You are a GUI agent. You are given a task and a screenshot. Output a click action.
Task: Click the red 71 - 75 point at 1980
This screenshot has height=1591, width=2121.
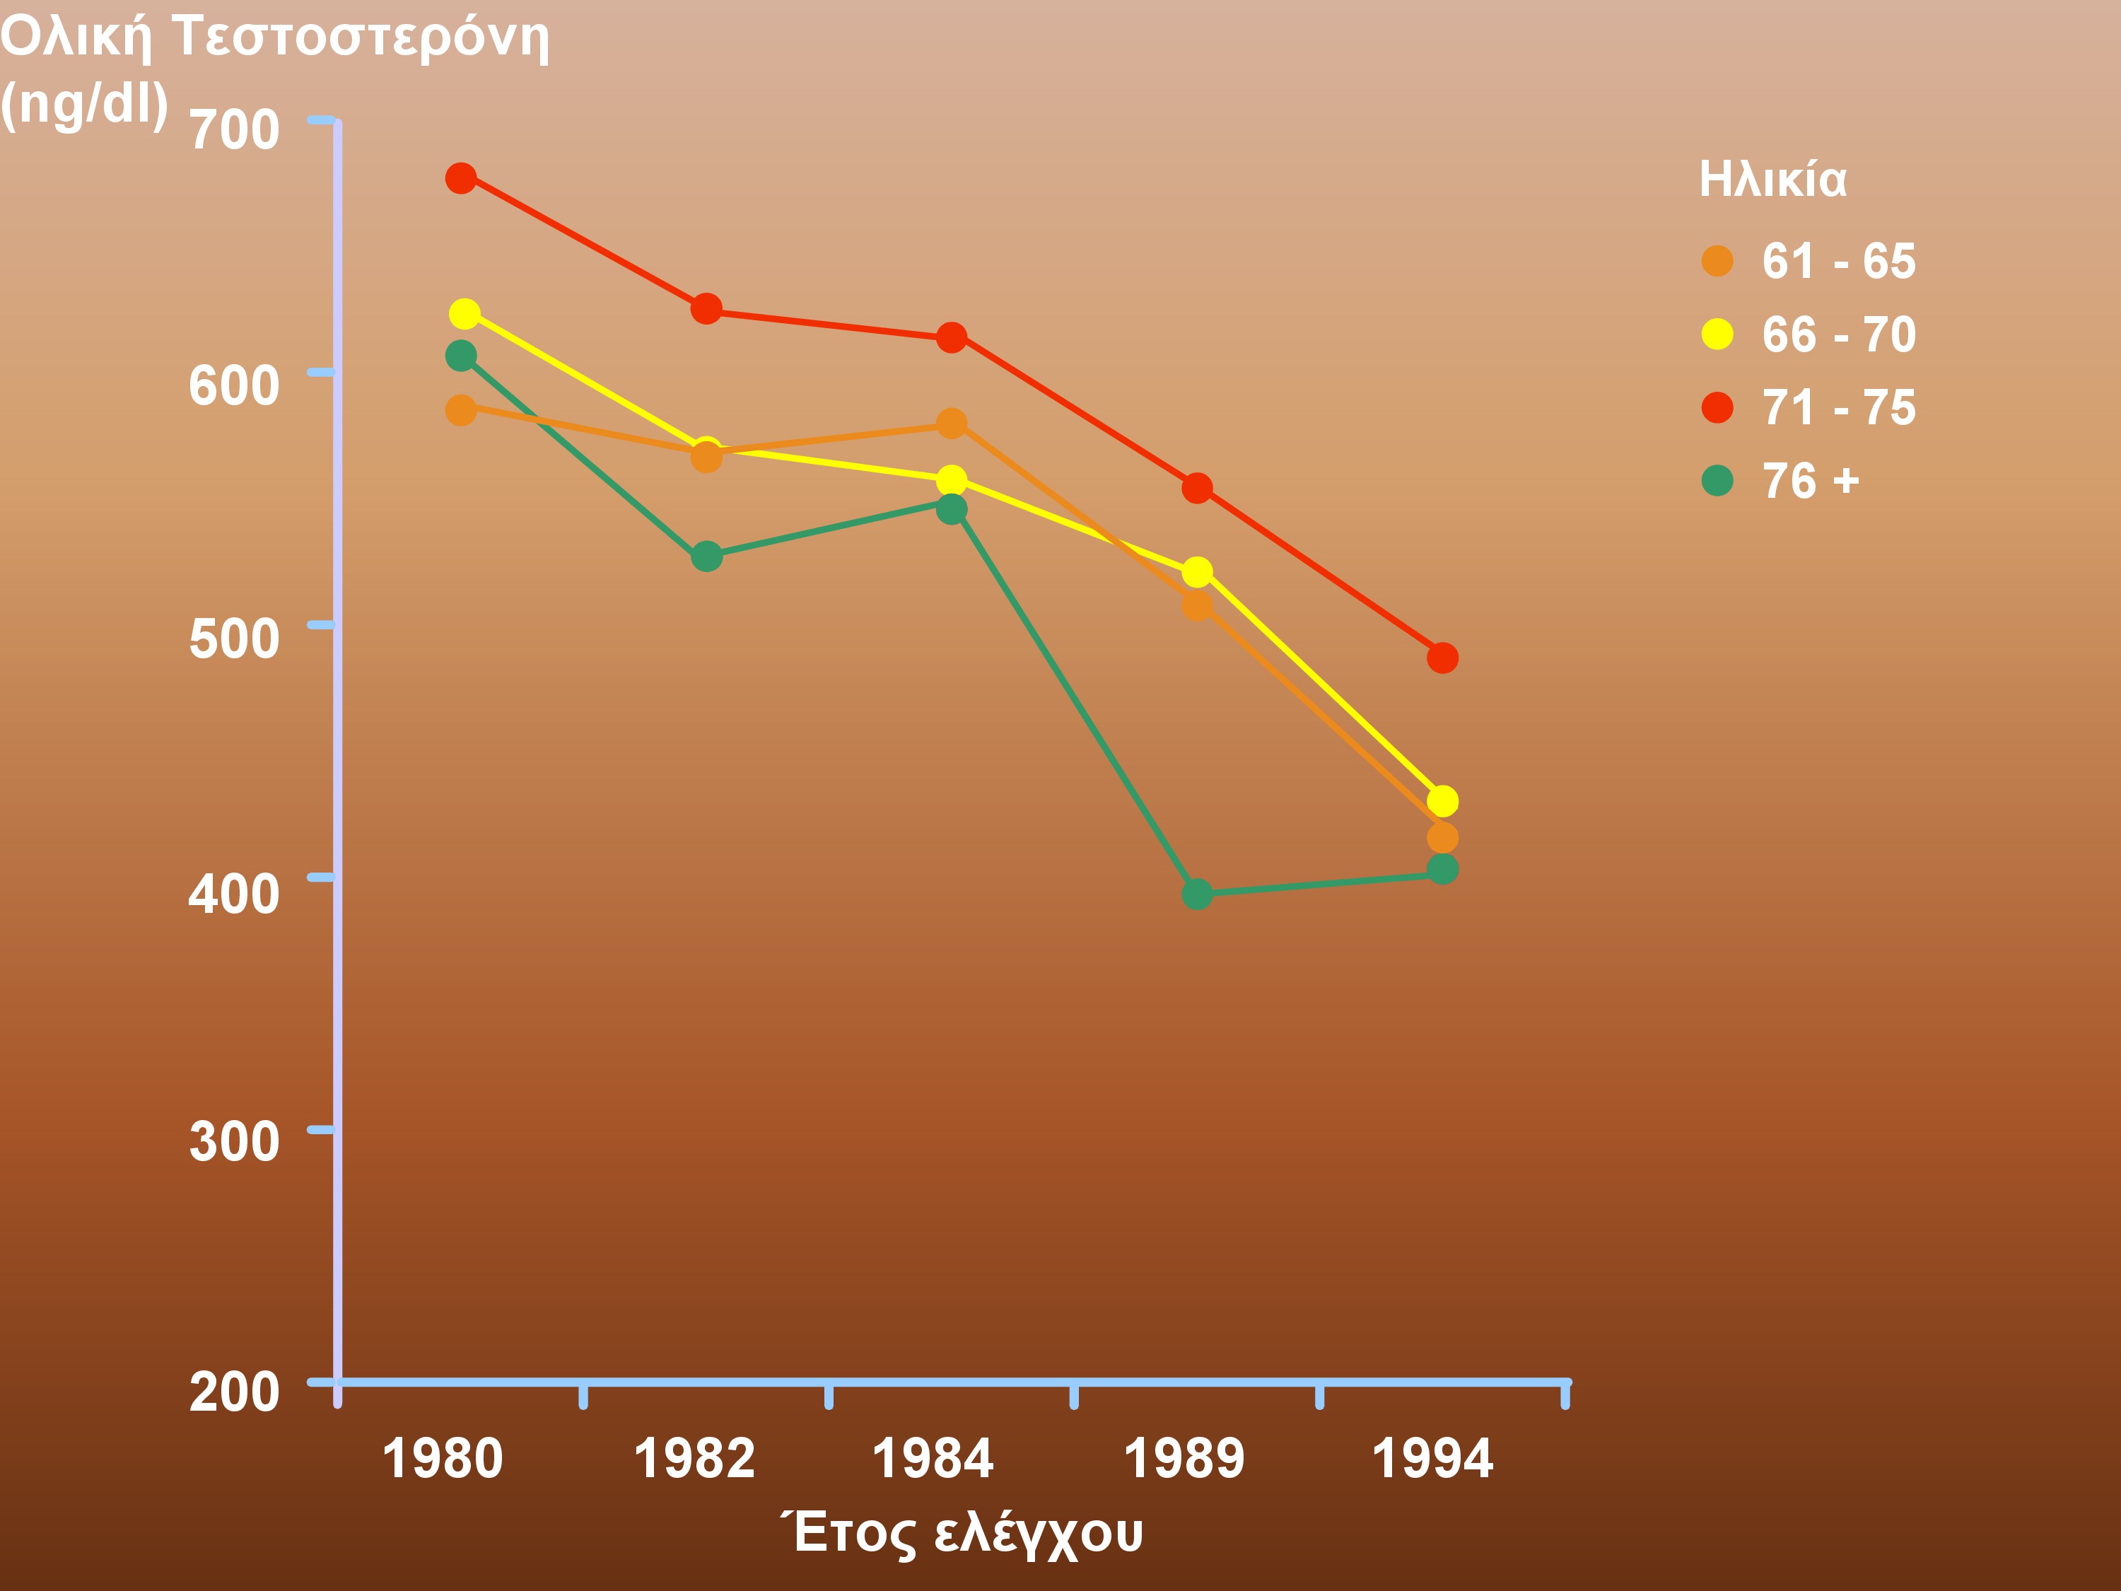pyautogui.click(x=461, y=178)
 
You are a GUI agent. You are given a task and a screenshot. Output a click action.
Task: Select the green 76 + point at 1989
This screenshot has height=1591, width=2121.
pyautogui.click(x=1197, y=894)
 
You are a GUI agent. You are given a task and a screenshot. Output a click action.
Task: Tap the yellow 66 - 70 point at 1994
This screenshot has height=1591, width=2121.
pyautogui.click(x=1442, y=800)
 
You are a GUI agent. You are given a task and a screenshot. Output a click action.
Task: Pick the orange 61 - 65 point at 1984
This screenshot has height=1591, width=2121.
pyautogui.click(x=951, y=423)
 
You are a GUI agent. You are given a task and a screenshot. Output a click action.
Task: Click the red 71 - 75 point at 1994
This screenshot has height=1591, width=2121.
pyautogui.click(x=1442, y=658)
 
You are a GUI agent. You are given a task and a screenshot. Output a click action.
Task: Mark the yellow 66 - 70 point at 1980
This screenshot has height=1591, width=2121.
pyautogui.click(x=464, y=313)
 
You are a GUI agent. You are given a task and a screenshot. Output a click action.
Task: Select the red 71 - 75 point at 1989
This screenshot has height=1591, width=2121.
pyautogui.click(x=1197, y=488)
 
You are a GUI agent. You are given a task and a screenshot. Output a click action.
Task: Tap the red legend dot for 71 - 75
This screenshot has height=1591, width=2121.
pyautogui.click(x=1717, y=407)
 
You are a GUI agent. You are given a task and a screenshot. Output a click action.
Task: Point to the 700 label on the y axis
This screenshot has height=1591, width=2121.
pyautogui.click(x=234, y=129)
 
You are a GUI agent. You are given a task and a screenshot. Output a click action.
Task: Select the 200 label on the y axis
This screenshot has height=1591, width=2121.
pyautogui.click(x=234, y=1392)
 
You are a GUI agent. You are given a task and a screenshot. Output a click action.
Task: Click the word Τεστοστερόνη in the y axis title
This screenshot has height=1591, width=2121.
pyautogui.click(x=361, y=38)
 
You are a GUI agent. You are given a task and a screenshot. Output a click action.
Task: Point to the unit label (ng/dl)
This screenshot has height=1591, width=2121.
pyautogui.click(x=84, y=103)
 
